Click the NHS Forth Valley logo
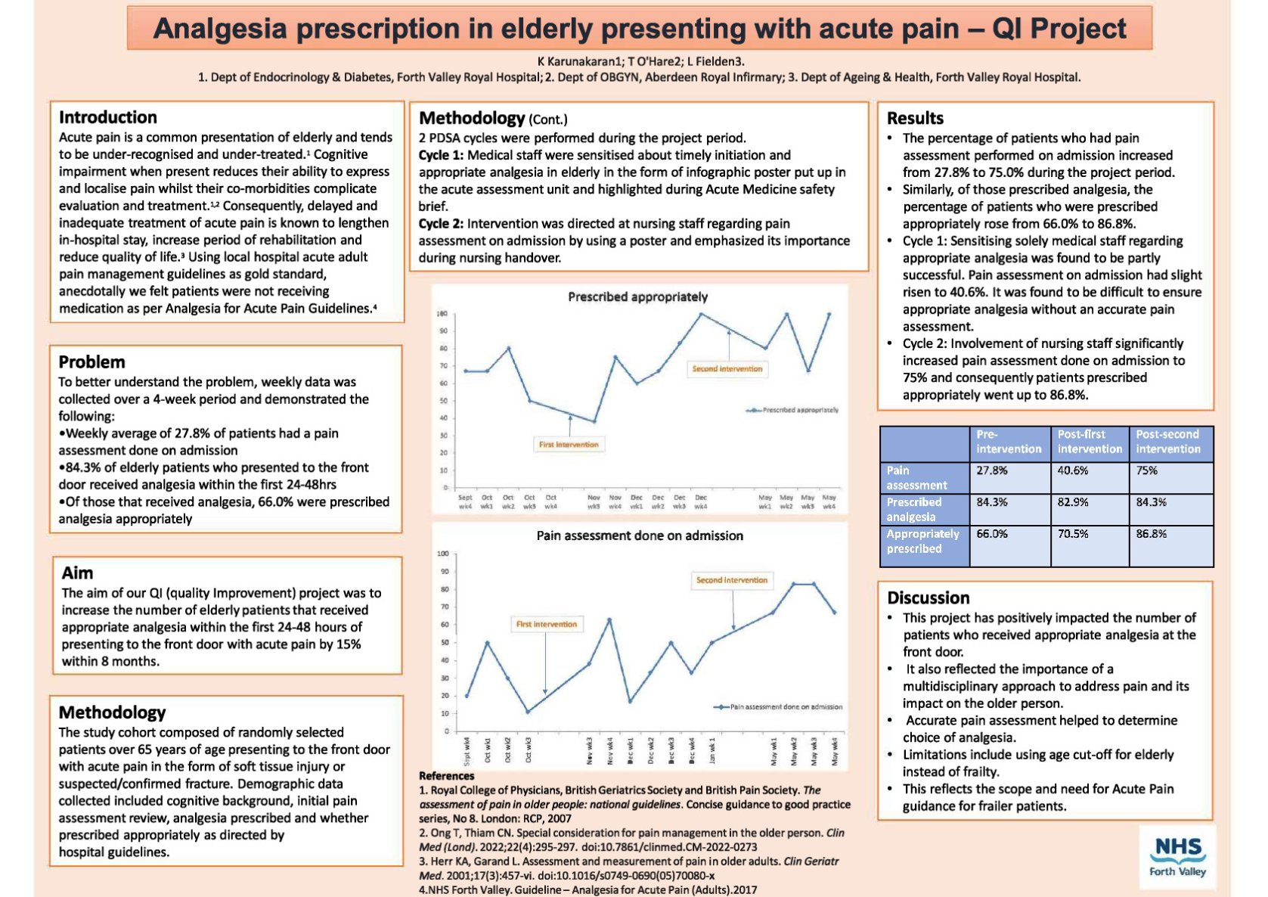pos(1177,856)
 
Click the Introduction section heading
pos(108,117)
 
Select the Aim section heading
pos(78,573)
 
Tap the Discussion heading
pos(928,597)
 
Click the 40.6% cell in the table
pos(1073,470)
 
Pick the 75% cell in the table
pos(1147,470)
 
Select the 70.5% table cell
pos(1073,534)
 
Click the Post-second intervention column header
pos(1167,442)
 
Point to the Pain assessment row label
pos(916,478)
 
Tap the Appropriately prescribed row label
pos(922,542)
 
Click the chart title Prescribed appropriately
pos(637,296)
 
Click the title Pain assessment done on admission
pos(640,535)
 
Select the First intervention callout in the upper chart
pos(569,445)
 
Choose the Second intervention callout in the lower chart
pos(731,580)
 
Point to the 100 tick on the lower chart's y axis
pos(443,554)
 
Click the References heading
pos(447,776)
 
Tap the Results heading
pos(915,118)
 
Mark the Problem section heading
pos(91,362)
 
